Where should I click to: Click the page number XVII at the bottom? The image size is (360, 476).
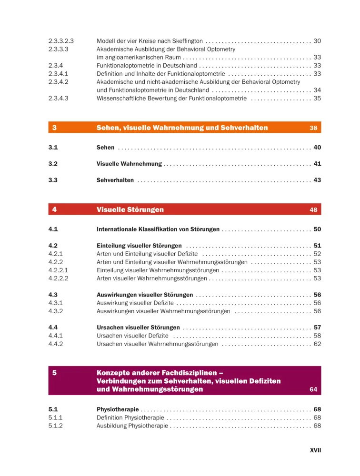tap(315, 450)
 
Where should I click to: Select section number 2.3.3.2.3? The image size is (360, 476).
tap(64, 41)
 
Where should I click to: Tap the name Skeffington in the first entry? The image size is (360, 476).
tap(187, 41)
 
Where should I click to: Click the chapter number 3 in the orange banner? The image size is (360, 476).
tap(55, 128)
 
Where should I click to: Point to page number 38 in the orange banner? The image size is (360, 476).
tap(313, 128)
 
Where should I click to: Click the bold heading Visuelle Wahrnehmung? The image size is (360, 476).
tap(129, 164)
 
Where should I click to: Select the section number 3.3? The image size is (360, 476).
tap(53, 180)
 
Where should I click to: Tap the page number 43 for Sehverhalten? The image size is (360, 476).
tap(317, 180)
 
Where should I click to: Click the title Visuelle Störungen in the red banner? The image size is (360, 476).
tap(130, 209)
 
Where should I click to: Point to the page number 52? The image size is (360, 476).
tap(317, 254)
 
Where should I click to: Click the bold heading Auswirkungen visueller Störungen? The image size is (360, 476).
tap(145, 295)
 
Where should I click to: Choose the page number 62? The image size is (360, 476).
tap(317, 344)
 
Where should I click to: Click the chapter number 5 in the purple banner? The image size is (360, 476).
tap(55, 373)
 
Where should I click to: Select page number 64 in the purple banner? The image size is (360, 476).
tap(313, 389)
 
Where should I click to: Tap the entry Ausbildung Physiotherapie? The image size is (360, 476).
tap(132, 425)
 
